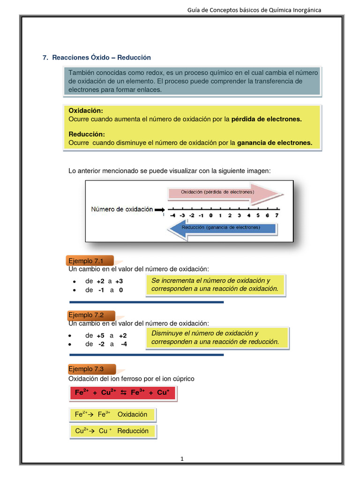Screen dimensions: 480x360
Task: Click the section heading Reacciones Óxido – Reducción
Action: click(101, 57)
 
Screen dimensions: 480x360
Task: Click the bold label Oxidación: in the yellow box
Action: click(86, 111)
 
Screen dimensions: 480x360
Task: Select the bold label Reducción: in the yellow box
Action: click(87, 135)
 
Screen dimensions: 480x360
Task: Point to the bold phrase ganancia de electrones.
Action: click(275, 143)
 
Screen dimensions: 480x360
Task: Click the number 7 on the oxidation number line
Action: click(277, 216)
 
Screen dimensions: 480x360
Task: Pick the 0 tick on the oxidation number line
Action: click(211, 216)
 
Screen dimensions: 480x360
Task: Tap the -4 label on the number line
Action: click(172, 216)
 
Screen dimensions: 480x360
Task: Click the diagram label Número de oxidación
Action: click(122, 210)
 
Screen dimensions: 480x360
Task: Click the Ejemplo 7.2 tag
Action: click(85, 315)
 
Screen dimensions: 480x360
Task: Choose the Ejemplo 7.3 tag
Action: click(85, 369)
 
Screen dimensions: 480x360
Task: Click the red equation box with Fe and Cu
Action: click(122, 393)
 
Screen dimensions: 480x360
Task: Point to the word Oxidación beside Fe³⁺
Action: click(132, 414)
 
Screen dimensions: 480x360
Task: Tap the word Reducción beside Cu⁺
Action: click(133, 431)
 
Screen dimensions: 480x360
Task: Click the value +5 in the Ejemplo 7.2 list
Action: click(100, 336)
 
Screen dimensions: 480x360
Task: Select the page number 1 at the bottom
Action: click(182, 459)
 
